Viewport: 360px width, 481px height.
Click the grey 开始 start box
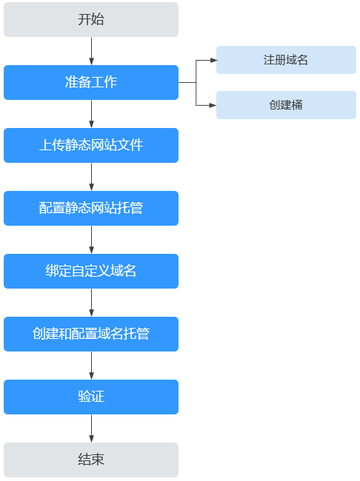[x=91, y=20]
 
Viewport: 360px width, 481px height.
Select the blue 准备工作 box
[x=91, y=82]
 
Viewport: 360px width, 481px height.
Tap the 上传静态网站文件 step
[x=91, y=145]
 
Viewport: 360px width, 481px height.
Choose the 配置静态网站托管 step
[x=91, y=208]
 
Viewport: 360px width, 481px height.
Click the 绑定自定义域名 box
[x=91, y=271]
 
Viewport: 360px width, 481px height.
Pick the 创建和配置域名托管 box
[x=91, y=334]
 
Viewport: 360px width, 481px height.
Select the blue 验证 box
[x=91, y=397]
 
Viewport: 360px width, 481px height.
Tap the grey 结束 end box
[x=91, y=460]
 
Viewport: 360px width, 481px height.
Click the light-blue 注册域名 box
[x=286, y=60]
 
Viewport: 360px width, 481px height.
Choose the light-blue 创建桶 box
[x=286, y=105]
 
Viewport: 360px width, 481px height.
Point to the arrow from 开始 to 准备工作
[x=91, y=51]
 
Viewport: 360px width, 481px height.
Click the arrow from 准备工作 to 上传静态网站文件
[x=91, y=114]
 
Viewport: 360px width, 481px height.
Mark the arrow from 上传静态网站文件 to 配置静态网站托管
[x=91, y=177]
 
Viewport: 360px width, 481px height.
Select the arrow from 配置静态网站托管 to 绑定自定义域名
[x=91, y=240]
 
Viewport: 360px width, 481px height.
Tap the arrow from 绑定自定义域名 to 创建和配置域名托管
[x=91, y=303]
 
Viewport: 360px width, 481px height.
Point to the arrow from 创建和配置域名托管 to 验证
[x=91, y=366]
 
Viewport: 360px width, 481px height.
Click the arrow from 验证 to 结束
[x=91, y=428]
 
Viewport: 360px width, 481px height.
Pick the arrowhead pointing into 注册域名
[x=213, y=60]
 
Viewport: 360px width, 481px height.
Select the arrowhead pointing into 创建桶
[x=213, y=105]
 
